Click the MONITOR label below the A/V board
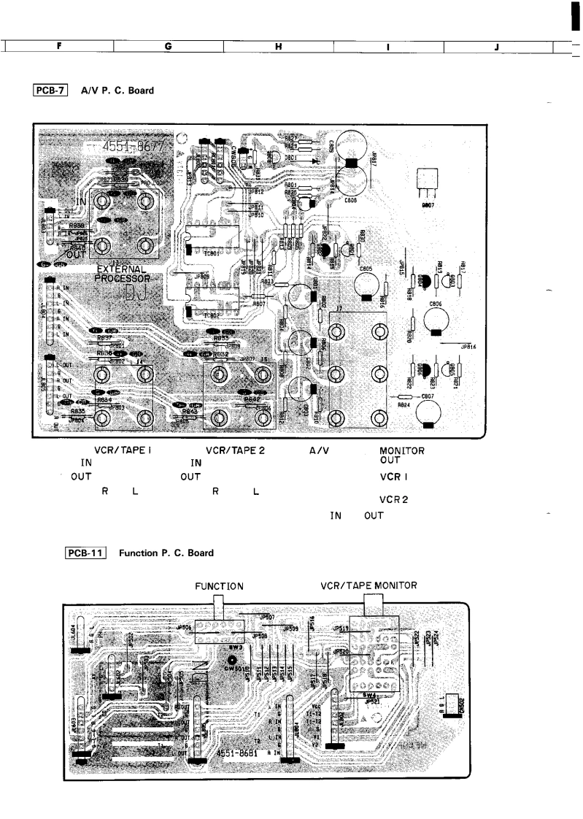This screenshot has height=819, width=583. (x=402, y=450)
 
